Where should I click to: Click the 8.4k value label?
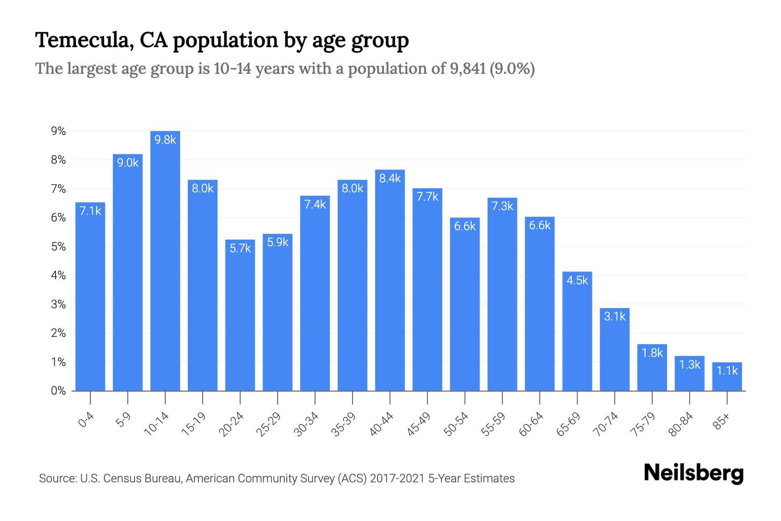tap(390, 178)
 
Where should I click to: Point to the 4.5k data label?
tap(577, 280)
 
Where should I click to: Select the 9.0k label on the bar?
tap(128, 163)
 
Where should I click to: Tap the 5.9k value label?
tap(278, 242)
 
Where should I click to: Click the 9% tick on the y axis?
tap(58, 131)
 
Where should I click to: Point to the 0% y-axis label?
tap(58, 391)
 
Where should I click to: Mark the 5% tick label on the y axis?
tap(58, 247)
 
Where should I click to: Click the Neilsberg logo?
tap(693, 473)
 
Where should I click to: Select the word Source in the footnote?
tap(56, 478)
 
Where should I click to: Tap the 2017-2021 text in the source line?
tap(397, 478)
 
